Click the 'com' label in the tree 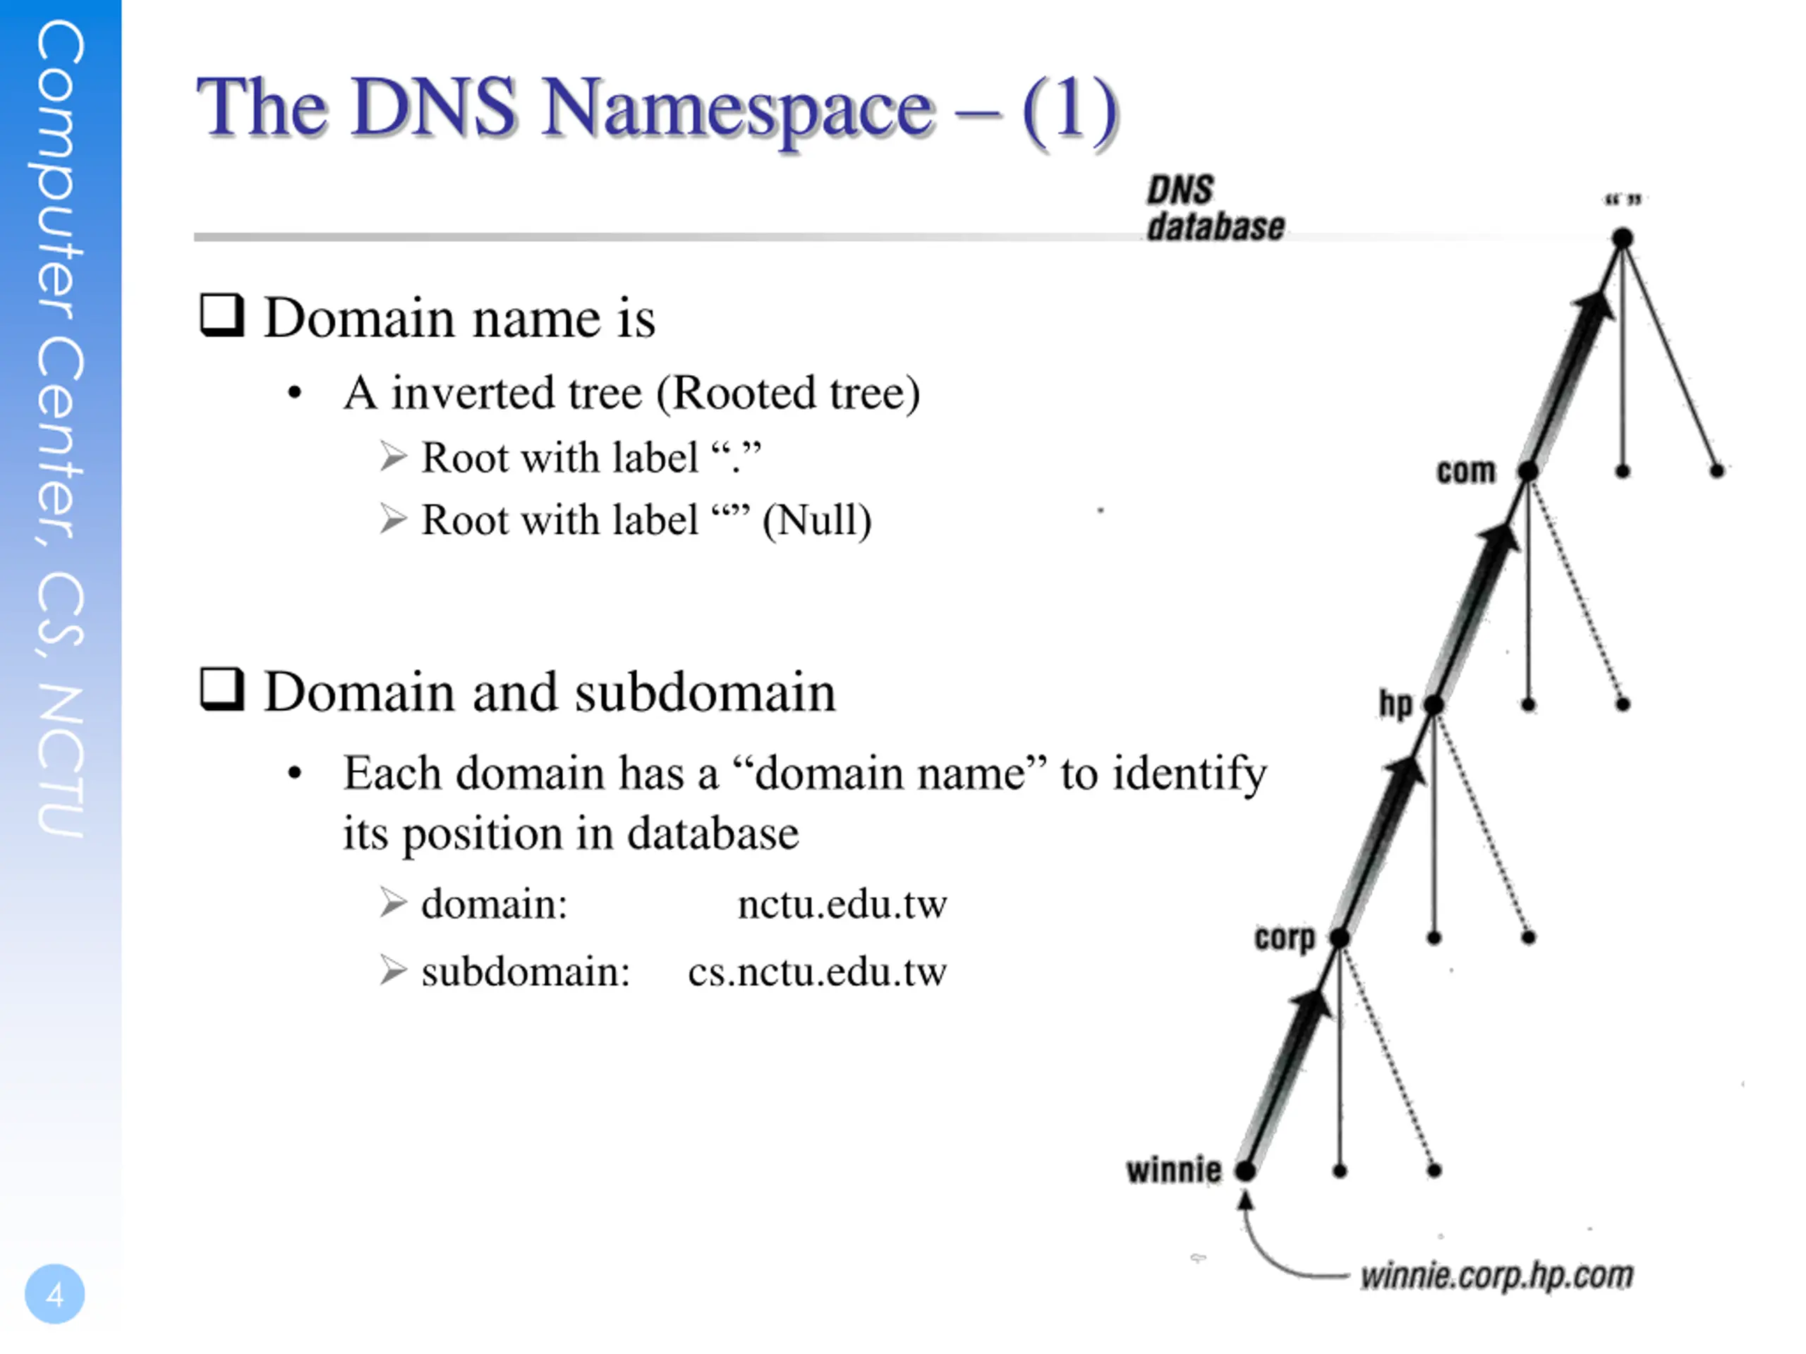(1467, 471)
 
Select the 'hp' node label (1395, 702)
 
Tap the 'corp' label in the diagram (1284, 937)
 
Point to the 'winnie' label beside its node (1173, 1169)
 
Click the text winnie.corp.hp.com (1496, 1275)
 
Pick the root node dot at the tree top (1623, 238)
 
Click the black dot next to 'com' (1529, 471)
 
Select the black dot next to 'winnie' (1245, 1171)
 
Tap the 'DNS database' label (1214, 209)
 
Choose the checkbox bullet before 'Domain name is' (222, 315)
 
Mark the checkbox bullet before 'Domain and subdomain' (222, 690)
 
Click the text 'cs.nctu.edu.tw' (816, 971)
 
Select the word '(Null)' (816, 520)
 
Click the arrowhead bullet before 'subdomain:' (393, 970)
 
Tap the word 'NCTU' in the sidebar (61, 759)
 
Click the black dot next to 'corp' (1340, 937)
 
